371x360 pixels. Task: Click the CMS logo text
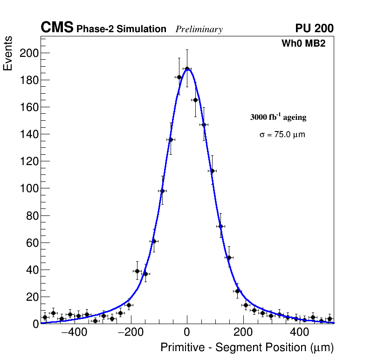pyautogui.click(x=57, y=28)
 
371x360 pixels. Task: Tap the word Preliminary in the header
pyautogui.click(x=199, y=29)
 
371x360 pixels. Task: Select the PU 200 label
pyautogui.click(x=314, y=28)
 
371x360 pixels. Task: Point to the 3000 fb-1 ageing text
pyautogui.click(x=278, y=117)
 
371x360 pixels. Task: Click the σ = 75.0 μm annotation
pyautogui.click(x=282, y=135)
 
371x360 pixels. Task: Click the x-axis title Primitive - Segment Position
pyautogui.click(x=247, y=347)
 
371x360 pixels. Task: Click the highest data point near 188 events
pyautogui.click(x=187, y=69)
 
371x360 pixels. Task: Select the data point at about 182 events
pyautogui.click(x=179, y=77)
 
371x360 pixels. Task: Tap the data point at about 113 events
pyautogui.click(x=212, y=171)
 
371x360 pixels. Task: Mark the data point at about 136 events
pyautogui.click(x=171, y=139)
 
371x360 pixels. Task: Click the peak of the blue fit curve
pyautogui.click(x=187, y=69)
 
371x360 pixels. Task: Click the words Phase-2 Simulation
pyautogui.click(x=121, y=29)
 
